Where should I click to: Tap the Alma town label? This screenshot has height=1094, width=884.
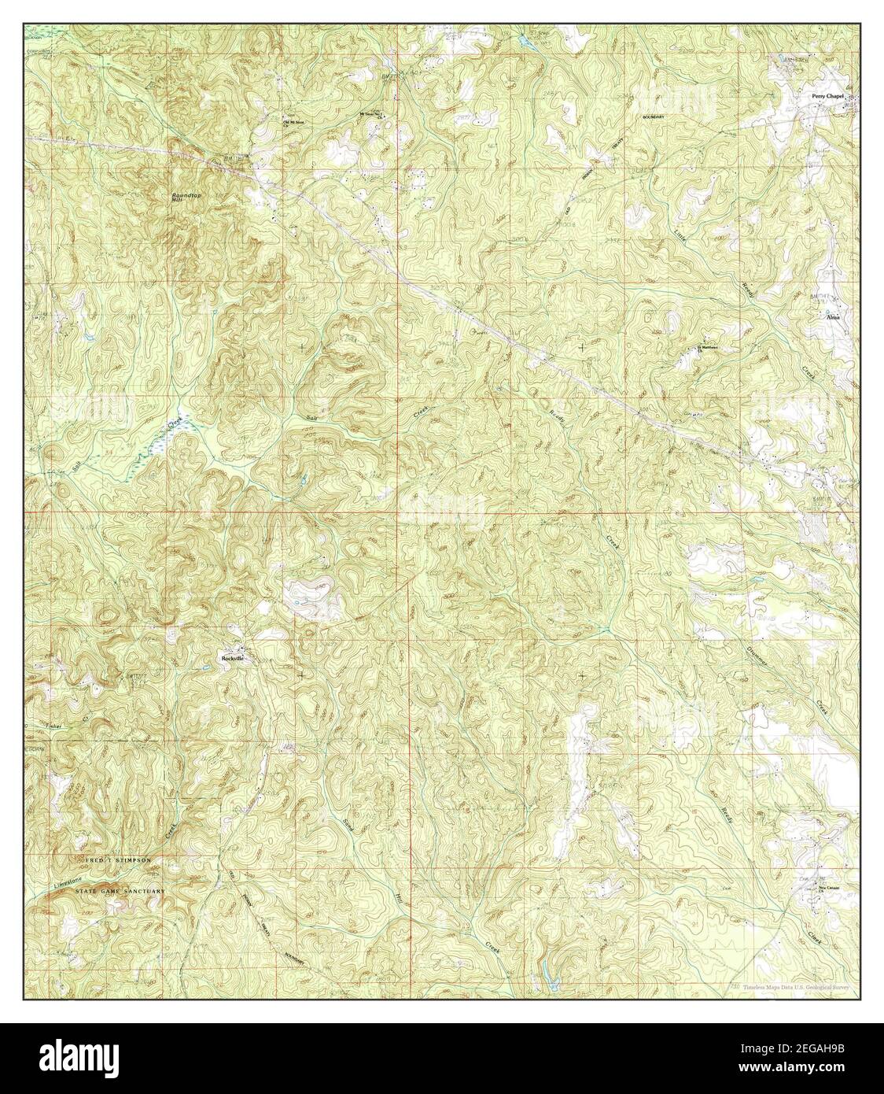(833, 317)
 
